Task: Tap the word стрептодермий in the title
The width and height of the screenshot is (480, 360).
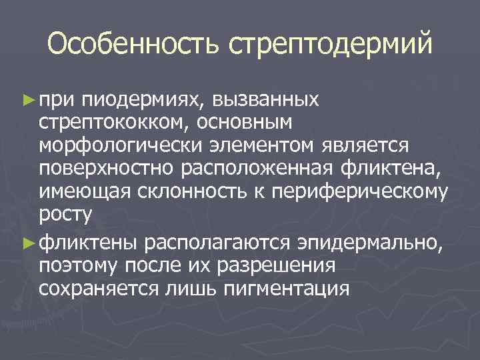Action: pos(331,45)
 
